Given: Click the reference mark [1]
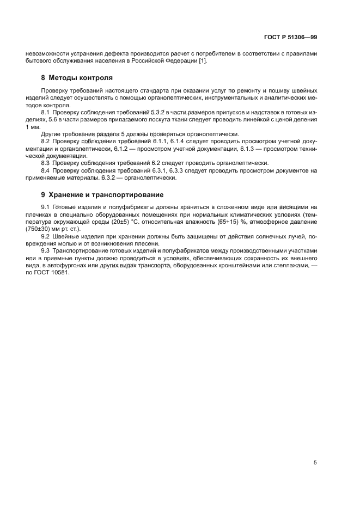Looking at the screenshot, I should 202,60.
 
